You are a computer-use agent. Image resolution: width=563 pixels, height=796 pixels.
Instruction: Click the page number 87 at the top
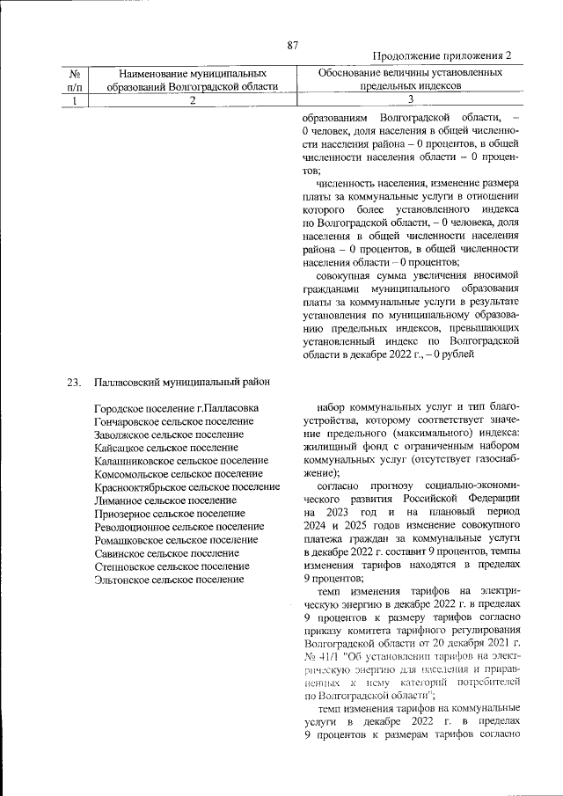click(x=294, y=45)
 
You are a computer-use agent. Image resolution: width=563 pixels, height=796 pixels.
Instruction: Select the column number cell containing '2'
click(x=192, y=101)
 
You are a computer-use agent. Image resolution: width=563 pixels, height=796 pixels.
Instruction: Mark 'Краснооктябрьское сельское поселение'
click(x=186, y=487)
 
